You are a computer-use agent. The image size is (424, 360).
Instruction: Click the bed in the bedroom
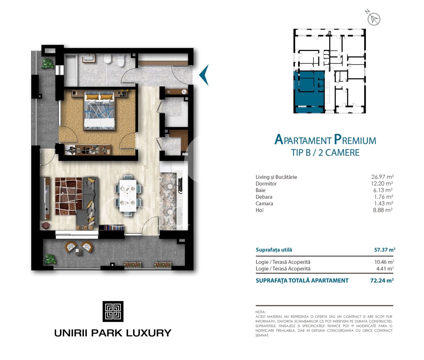pyautogui.click(x=100, y=111)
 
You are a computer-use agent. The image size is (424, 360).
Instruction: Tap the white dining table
pyautogui.click(x=128, y=196)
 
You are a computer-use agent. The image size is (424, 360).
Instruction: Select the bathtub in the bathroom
pyautogui.click(x=71, y=71)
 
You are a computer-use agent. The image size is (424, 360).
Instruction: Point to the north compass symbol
pyautogui.click(x=373, y=18)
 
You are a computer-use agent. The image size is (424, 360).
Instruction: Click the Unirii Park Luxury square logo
pyautogui.click(x=113, y=311)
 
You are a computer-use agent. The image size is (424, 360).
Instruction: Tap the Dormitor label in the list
pyautogui.click(x=266, y=184)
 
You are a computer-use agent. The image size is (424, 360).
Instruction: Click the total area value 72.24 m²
pyautogui.click(x=382, y=281)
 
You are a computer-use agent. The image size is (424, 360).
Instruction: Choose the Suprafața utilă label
pyautogui.click(x=274, y=250)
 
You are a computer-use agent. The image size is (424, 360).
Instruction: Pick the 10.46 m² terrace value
pyautogui.click(x=384, y=262)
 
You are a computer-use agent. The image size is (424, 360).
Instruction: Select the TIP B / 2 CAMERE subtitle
pyautogui.click(x=325, y=153)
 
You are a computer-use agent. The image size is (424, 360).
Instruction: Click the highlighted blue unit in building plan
pyautogui.click(x=309, y=92)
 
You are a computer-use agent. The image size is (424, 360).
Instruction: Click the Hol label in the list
pyautogui.click(x=259, y=210)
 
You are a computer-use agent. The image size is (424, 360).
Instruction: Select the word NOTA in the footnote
pyautogui.click(x=260, y=312)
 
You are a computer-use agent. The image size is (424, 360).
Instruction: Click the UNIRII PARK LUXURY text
pyautogui.click(x=113, y=333)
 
